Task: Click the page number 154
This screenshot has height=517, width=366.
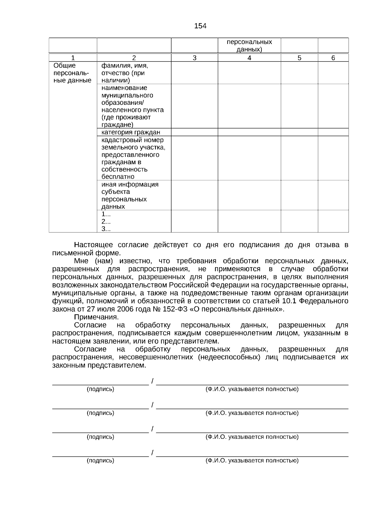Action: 200,26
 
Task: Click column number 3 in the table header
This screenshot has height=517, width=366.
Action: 195,58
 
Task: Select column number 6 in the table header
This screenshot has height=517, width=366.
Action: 333,58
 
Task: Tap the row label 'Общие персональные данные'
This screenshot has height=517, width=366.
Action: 72,73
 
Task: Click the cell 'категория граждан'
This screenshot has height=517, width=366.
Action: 131,132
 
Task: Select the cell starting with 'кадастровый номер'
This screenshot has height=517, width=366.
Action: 133,158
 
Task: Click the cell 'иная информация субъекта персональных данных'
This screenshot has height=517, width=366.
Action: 130,195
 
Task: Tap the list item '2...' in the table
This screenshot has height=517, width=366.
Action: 106,221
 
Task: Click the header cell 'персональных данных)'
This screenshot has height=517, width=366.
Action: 249,46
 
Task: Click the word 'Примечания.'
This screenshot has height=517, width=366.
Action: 96,317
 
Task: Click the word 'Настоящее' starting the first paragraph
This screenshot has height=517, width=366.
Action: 93,245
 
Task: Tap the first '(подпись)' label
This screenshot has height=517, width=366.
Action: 100,389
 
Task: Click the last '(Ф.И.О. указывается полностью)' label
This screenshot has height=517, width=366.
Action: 252,461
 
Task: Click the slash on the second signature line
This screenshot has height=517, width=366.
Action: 152,405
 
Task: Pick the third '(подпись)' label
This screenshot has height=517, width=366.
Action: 100,437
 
